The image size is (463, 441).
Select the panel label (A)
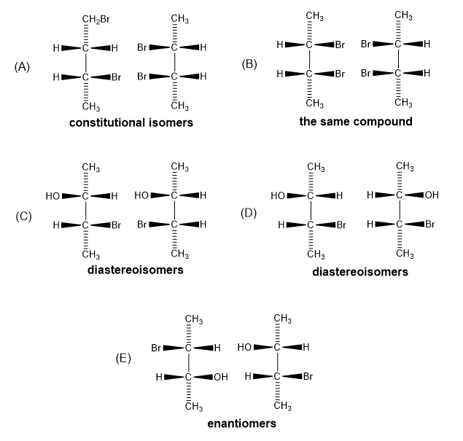tap(22, 67)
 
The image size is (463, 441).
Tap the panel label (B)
tap(249, 63)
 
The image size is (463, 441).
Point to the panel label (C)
tap(25, 216)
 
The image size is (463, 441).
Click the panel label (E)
tap(124, 359)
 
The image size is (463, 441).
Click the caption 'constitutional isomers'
tap(131, 123)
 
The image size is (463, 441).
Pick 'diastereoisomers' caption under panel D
tap(359, 272)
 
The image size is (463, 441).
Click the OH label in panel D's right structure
tap(432, 195)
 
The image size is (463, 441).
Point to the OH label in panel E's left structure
tap(221, 377)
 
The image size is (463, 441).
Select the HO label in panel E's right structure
tap(244, 346)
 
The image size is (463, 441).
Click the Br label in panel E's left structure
tap(156, 348)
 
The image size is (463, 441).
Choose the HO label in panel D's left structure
tap(277, 195)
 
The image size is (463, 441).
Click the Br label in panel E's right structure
tap(307, 376)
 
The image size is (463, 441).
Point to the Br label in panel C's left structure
tap(115, 225)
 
